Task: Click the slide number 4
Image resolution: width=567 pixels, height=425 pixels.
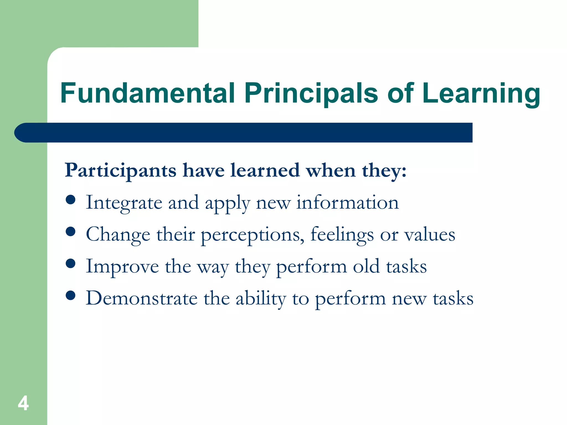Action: pos(23,403)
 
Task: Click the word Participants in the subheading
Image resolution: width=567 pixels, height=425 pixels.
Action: pos(120,171)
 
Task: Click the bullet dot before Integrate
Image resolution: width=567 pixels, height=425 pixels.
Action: pos(71,199)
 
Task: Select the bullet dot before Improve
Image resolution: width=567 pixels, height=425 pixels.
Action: pos(71,263)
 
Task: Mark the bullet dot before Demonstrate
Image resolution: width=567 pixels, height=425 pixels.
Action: pos(71,295)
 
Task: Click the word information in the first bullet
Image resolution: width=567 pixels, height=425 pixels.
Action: pos(347,203)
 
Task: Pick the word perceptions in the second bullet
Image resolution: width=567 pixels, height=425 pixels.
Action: pos(251,235)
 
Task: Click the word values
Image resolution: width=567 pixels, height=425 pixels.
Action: pos(429,234)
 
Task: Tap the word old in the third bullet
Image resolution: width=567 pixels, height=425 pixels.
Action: pos(366,266)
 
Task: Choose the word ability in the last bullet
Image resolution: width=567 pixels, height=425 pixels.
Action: pos(261,299)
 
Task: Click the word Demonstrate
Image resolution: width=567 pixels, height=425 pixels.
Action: pos(141,298)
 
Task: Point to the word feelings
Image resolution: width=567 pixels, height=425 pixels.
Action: pos(342,235)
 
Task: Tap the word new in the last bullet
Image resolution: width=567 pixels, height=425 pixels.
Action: pos(409,299)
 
